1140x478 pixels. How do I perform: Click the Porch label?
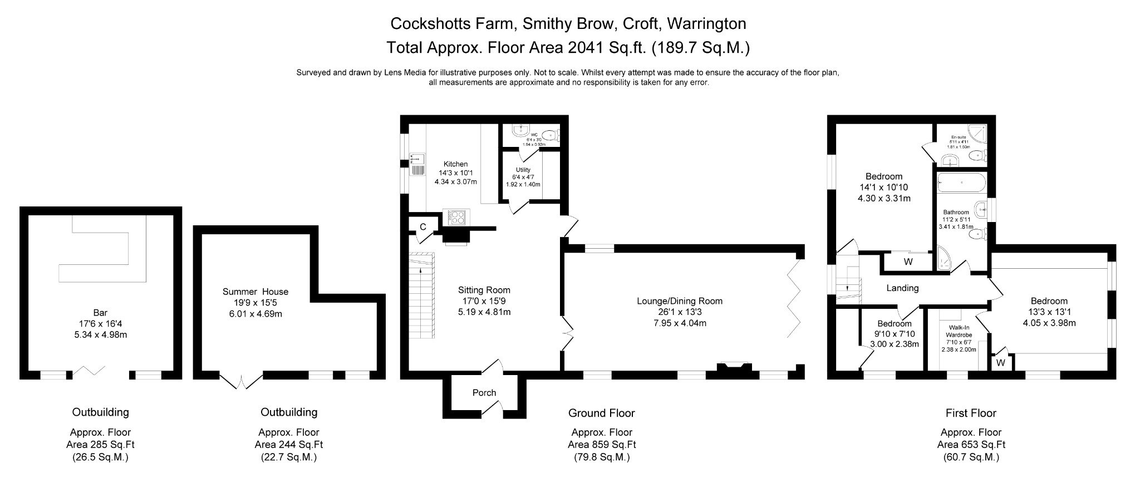tap(484, 392)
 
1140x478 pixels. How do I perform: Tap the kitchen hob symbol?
tap(456, 217)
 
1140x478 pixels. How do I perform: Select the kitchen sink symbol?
tap(417, 165)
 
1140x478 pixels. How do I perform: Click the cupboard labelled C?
tap(423, 226)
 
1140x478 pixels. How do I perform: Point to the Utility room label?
tap(523, 170)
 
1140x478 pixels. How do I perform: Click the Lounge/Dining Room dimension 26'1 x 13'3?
tap(680, 312)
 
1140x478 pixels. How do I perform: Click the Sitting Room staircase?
tap(421, 295)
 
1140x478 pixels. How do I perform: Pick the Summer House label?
tap(255, 292)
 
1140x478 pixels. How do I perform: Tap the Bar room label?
tap(100, 313)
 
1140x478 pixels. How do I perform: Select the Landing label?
tap(902, 288)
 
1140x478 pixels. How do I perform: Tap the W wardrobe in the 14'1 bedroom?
tap(908, 262)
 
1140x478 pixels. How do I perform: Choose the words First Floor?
tap(971, 413)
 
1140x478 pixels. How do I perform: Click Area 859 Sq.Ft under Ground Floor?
tap(601, 445)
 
